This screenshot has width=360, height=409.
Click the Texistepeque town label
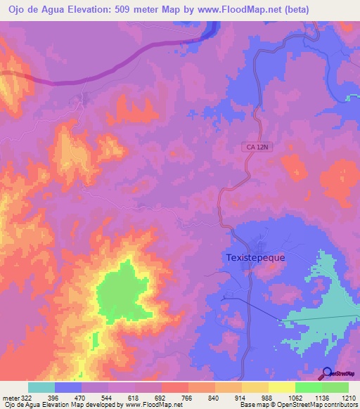(x=256, y=257)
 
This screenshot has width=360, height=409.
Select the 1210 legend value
(x=348, y=398)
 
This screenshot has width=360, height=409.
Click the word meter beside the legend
(x=11, y=398)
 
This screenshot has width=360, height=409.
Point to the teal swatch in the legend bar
(x=41, y=387)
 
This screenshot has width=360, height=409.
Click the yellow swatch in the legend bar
(x=282, y=387)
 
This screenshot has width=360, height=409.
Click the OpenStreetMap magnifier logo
(x=328, y=373)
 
